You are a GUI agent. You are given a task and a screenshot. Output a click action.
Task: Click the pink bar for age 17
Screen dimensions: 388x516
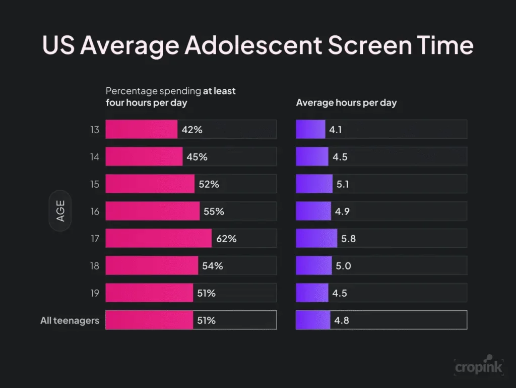click(158, 238)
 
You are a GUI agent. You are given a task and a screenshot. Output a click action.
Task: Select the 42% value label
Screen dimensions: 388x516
click(192, 130)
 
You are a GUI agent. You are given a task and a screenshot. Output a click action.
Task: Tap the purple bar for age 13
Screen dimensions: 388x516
click(310, 130)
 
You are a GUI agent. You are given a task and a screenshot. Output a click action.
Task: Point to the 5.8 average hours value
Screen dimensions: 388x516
click(348, 239)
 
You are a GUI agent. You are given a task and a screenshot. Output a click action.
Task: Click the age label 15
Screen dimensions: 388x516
click(95, 184)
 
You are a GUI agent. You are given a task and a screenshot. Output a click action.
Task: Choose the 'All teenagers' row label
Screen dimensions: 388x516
click(70, 320)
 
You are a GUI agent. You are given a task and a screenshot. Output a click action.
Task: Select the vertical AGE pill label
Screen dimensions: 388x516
click(60, 211)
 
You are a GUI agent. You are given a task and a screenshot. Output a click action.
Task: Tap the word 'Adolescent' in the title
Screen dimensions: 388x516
click(252, 45)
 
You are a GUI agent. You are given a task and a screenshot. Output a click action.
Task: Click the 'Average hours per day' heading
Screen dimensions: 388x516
click(346, 103)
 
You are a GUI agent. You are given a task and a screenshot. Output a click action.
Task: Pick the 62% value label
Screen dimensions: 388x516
click(226, 239)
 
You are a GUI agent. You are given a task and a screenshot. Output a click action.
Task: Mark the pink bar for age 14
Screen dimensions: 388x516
click(144, 157)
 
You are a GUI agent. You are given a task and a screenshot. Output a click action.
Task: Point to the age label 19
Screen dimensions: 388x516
click(95, 293)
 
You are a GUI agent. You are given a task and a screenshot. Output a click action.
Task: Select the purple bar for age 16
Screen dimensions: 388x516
click(313, 211)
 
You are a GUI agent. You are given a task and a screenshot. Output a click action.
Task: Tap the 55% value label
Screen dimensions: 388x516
click(214, 211)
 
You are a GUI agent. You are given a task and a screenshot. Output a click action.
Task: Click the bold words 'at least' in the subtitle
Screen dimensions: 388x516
click(219, 91)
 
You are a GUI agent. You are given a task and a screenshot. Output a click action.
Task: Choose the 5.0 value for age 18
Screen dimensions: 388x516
click(343, 266)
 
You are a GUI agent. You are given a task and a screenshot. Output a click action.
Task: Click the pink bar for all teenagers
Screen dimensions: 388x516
click(149, 320)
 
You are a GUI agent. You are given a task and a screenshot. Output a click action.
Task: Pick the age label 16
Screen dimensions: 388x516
click(95, 211)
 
